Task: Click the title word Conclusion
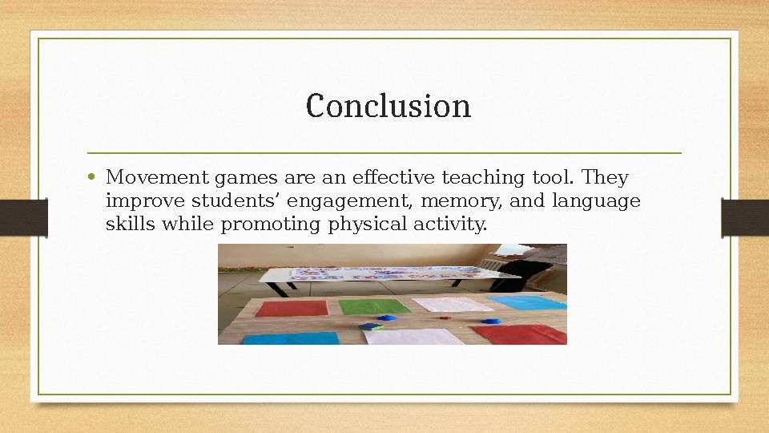click(389, 106)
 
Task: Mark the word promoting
click(271, 225)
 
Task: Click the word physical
click(366, 225)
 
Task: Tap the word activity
click(449, 225)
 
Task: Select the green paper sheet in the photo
click(374, 306)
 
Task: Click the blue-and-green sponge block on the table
click(371, 326)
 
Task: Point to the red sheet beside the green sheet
click(292, 309)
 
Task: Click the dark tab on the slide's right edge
click(745, 217)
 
